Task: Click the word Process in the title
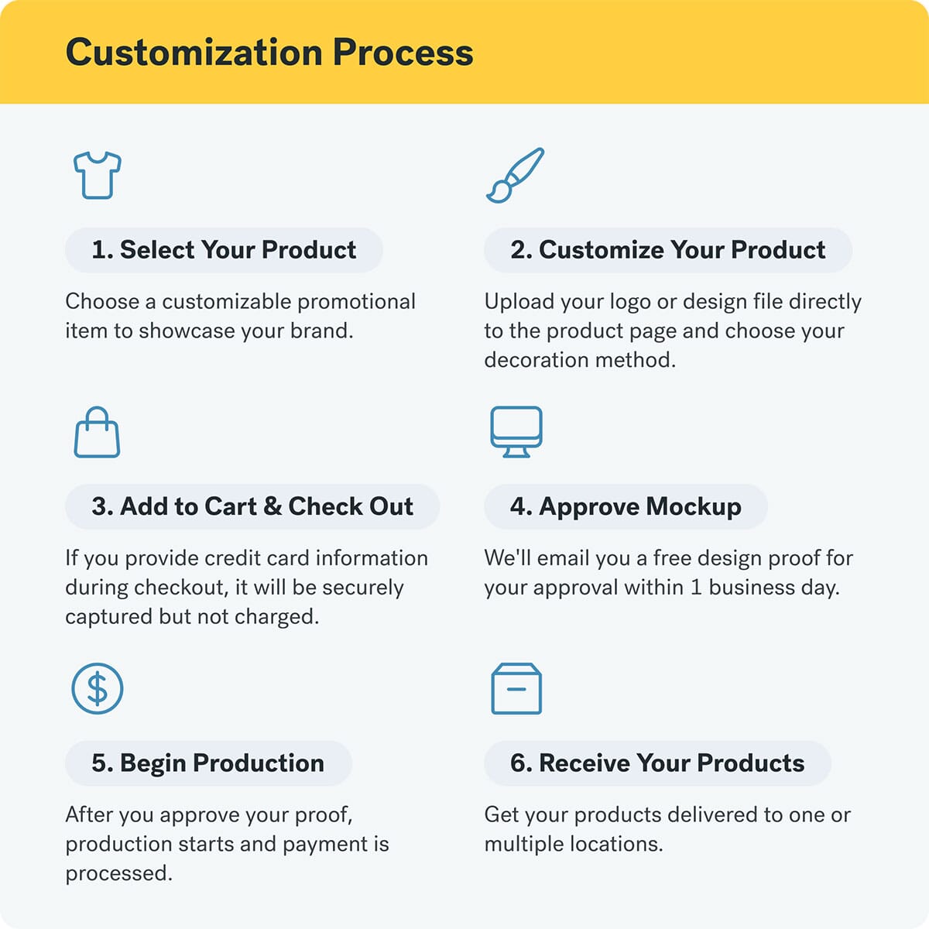pos(403,53)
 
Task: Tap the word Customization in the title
pos(194,52)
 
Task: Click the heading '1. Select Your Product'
pos(224,250)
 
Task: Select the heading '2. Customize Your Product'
pos(667,250)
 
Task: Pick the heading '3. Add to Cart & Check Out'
pos(252,506)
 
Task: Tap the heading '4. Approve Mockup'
pos(626,506)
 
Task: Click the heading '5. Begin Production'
pos(207,763)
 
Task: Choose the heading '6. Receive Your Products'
pos(657,763)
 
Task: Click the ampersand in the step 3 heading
pos(273,506)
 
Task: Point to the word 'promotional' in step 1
pos(356,302)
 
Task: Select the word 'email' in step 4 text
pos(563,558)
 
